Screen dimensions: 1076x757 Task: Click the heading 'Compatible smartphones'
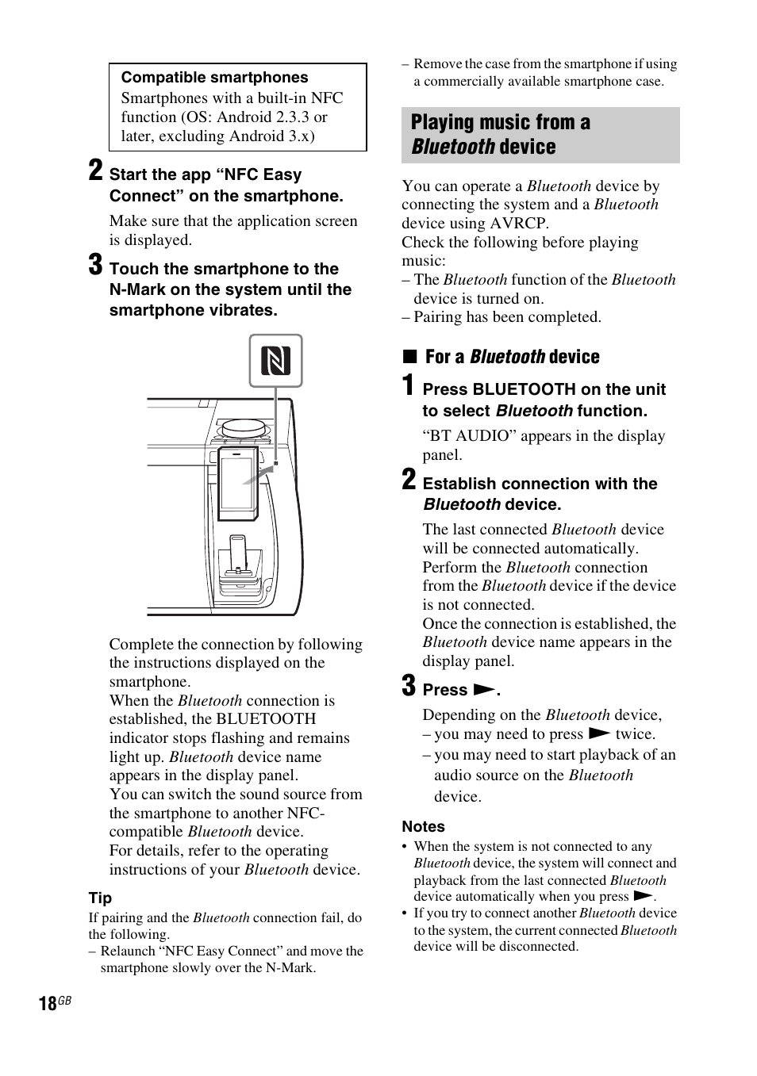214,78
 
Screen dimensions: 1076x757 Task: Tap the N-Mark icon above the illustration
275,361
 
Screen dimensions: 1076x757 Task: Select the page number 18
47,1004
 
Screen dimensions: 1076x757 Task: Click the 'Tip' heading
100,898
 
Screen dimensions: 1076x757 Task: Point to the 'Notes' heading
423,826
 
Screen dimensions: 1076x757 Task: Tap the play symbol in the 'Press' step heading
484,690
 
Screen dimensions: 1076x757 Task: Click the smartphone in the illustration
237,480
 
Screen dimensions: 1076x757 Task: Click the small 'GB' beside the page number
64,1001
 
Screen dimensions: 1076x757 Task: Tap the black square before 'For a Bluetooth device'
409,357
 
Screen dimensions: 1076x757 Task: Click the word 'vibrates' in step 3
244,311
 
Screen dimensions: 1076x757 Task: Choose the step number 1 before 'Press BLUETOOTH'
408,386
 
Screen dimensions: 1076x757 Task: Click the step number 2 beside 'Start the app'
95,170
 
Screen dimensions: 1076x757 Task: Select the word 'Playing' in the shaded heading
441,122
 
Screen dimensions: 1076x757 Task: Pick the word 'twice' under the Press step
634,734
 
